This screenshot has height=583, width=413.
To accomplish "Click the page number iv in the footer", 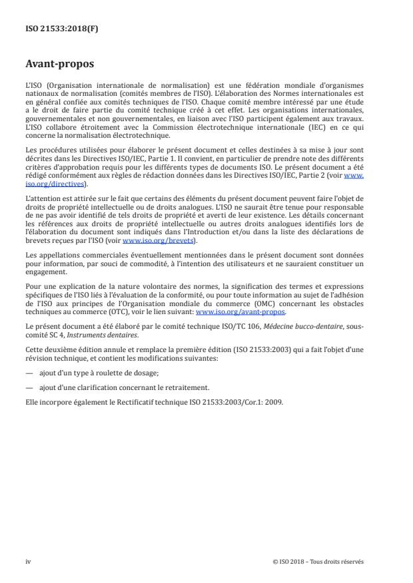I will tap(28, 561).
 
